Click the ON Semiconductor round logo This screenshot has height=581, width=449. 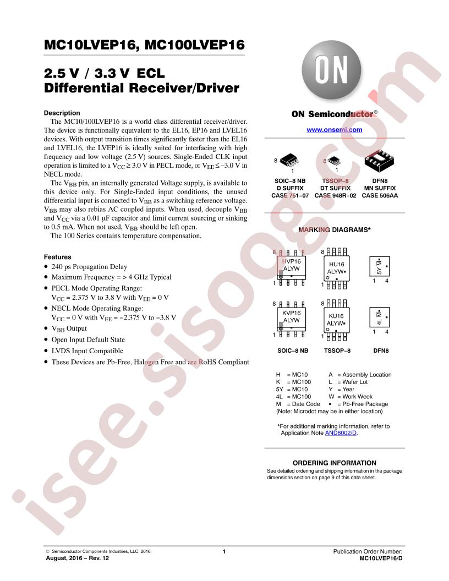(x=331, y=70)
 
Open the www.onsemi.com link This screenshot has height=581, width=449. (x=334, y=130)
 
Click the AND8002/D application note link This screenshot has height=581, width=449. (x=341, y=433)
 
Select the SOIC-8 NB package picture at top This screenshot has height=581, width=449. (x=289, y=161)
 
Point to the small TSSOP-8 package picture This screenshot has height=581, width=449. (x=335, y=161)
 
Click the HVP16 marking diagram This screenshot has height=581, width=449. (x=292, y=267)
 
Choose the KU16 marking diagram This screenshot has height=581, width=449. (x=336, y=320)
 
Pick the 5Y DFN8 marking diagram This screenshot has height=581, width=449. (x=379, y=266)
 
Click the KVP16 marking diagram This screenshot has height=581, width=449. (x=292, y=319)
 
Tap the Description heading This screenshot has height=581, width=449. (x=62, y=113)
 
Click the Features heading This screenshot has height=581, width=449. (x=57, y=257)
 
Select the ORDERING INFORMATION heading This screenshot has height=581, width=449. (x=334, y=463)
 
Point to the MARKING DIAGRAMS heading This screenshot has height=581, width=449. (x=334, y=230)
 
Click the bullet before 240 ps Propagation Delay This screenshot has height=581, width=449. (x=46, y=266)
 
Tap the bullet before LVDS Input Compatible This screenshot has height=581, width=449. (x=46, y=350)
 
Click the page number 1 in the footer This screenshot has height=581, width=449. (x=224, y=551)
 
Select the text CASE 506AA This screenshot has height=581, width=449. (x=380, y=195)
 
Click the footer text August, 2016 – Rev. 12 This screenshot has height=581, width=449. (x=78, y=558)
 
